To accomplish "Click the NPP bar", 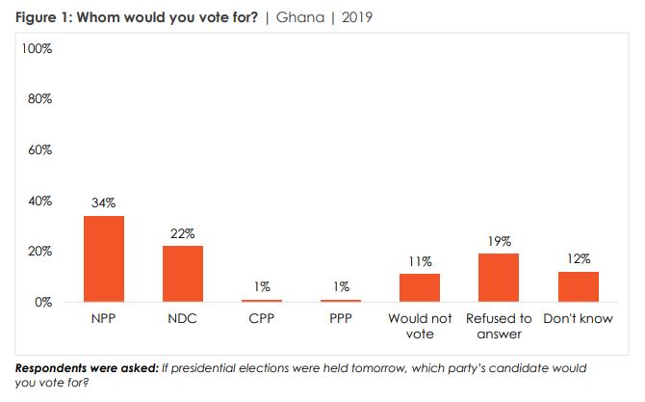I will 104,258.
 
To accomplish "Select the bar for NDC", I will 183,274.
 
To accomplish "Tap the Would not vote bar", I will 420,287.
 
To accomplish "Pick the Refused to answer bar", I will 499,278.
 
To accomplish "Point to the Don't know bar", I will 578,286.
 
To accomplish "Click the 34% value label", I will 104,203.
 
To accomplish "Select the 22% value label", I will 183,233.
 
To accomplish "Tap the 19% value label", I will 499,241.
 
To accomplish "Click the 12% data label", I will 578,258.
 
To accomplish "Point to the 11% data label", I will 420,261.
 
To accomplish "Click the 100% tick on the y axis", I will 36,48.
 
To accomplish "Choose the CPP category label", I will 262,318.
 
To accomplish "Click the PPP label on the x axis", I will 341,318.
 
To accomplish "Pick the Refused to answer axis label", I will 499,326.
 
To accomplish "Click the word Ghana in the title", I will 298,17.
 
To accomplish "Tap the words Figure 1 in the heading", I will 38,17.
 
